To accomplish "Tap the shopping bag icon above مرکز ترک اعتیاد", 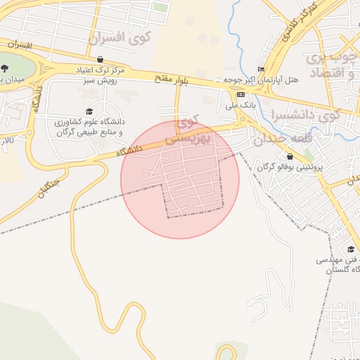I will point(101,60).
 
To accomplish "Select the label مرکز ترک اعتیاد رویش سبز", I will point(101,75).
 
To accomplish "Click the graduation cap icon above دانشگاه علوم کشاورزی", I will point(89,112).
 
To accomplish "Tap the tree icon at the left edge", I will point(6,68).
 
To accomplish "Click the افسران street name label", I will point(21,45).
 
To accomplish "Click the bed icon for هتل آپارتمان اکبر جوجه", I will point(262,69).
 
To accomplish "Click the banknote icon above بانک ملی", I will point(241,94).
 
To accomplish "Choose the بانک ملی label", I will point(241,105).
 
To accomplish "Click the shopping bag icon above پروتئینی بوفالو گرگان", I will point(289,156).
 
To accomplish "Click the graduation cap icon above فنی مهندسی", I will point(350,249).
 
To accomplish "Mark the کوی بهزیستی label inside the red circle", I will point(184,131).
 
